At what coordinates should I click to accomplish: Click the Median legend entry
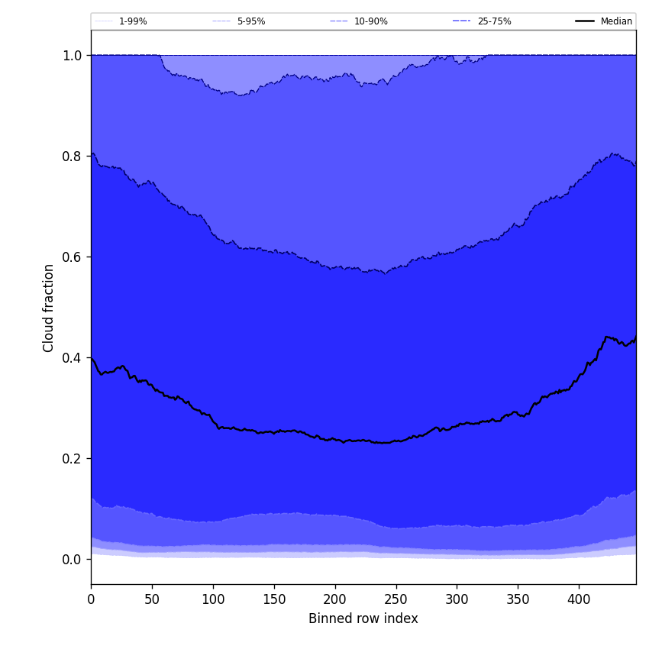[x=615, y=21]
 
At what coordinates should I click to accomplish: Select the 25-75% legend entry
[x=493, y=21]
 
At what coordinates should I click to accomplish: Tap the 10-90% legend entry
[x=370, y=21]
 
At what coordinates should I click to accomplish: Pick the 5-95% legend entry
[x=250, y=21]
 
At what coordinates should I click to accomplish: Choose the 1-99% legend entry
[x=132, y=21]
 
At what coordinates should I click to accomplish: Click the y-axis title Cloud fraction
[x=49, y=308]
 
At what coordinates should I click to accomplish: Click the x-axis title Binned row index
[x=363, y=618]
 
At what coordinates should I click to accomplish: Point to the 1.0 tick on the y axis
[x=73, y=55]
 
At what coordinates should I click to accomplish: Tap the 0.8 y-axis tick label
[x=73, y=156]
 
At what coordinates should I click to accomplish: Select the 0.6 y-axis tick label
[x=73, y=257]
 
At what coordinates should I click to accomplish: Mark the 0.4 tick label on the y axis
[x=73, y=357]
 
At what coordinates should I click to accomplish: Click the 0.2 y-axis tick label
[x=73, y=458]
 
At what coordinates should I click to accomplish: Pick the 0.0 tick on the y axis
[x=73, y=559]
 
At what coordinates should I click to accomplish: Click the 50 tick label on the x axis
[x=152, y=599]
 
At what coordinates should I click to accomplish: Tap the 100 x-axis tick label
[x=213, y=599]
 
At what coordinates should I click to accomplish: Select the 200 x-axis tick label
[x=334, y=599]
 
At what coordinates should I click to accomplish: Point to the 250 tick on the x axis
[x=396, y=599]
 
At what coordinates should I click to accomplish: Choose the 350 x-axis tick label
[x=518, y=599]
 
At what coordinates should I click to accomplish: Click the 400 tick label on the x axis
[x=579, y=599]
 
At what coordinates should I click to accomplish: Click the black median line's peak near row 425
[x=607, y=337]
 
